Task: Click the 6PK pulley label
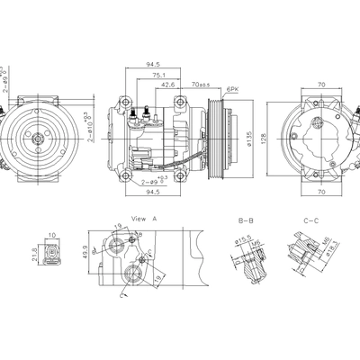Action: [232, 90]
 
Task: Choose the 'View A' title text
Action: [144, 219]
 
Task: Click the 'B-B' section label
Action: [245, 220]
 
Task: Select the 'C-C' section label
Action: [311, 220]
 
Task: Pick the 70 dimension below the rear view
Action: [321, 192]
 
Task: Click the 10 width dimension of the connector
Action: [53, 235]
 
